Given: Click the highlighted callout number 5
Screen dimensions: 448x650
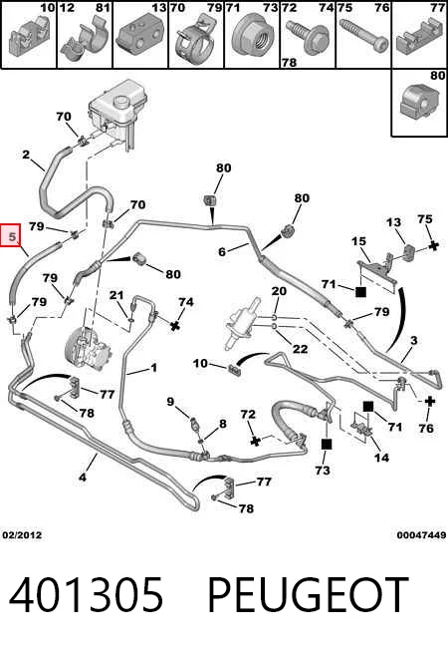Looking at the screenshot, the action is point(12,237).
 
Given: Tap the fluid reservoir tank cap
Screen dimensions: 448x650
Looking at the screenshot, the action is point(122,102).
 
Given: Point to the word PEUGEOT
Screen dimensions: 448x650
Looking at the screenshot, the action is point(308,595).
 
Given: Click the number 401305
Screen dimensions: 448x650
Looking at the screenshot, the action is point(87,595).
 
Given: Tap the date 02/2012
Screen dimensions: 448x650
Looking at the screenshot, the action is point(22,534).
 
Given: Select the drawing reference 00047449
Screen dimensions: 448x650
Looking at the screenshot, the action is point(421,535).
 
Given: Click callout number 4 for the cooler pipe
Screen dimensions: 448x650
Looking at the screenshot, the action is point(83,477).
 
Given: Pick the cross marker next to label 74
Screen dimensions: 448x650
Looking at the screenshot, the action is point(175,325).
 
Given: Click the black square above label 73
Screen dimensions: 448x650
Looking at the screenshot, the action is point(327,445).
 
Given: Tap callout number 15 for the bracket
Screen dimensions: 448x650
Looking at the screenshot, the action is point(359,241).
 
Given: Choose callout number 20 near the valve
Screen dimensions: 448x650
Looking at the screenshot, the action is point(279,290).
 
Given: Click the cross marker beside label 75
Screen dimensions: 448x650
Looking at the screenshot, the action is point(433,245).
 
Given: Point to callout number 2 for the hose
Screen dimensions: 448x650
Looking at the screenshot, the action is point(26,155).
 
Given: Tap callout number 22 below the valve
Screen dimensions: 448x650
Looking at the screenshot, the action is point(300,348).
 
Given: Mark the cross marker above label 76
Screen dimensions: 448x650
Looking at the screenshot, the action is point(430,401).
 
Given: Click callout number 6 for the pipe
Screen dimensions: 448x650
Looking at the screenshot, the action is point(222,251).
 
